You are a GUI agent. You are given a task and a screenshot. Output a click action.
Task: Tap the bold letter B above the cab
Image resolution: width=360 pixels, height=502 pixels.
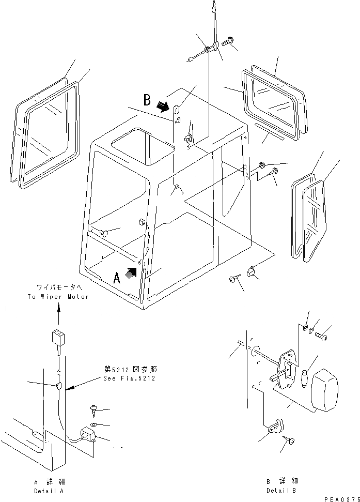(147, 99)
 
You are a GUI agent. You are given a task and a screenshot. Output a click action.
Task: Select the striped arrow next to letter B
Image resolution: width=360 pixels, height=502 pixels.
(163, 106)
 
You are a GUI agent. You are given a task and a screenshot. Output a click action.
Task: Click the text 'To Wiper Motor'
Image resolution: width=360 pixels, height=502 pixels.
(58, 297)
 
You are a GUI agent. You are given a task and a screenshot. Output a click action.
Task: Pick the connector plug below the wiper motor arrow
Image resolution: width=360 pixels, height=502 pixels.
(57, 339)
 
